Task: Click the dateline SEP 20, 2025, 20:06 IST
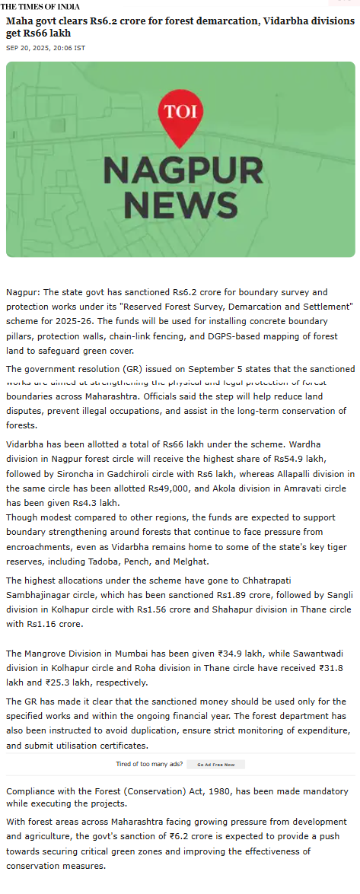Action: click(46, 48)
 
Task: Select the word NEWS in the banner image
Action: click(180, 203)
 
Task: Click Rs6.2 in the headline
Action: click(105, 21)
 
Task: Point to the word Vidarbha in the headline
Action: click(276, 21)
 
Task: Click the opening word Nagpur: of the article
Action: click(23, 292)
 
